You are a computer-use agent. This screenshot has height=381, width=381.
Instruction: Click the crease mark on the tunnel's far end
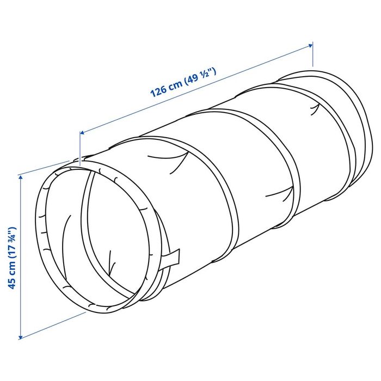pos(314,111)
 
